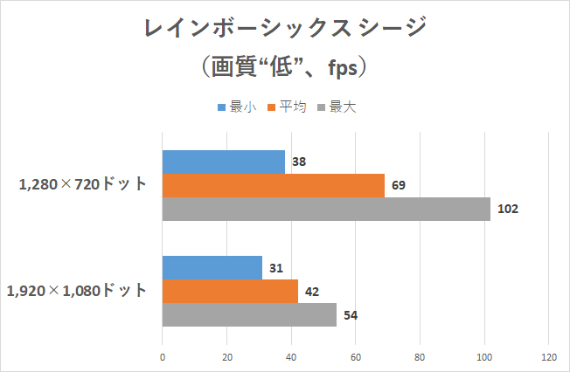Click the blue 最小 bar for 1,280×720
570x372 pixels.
[x=224, y=162]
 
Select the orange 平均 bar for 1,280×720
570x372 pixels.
[x=274, y=185]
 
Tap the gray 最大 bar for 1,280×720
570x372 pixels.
[x=326, y=209]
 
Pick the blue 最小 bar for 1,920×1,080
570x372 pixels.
[x=212, y=267]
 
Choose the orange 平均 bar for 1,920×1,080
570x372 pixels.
[x=231, y=291]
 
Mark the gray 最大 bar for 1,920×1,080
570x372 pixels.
[x=250, y=314]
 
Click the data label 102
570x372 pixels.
[x=508, y=209]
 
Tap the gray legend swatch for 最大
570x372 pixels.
[x=322, y=108]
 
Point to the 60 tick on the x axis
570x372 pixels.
[x=356, y=356]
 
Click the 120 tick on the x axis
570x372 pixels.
[x=548, y=356]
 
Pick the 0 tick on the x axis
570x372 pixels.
[x=163, y=356]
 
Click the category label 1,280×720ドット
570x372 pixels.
[x=84, y=185]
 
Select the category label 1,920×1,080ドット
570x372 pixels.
[x=78, y=291]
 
